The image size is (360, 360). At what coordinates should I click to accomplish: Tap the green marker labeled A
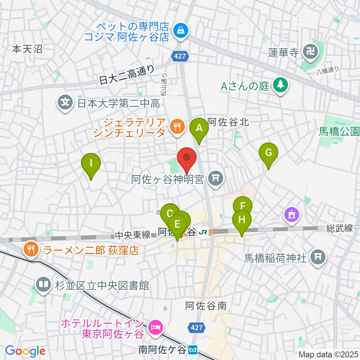tap(199, 128)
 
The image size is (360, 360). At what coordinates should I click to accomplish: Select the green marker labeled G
tap(268, 153)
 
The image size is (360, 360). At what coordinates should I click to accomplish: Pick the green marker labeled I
tap(91, 163)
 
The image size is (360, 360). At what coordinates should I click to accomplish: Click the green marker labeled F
tap(243, 206)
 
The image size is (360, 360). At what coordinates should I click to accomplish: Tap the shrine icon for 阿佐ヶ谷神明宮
tap(215, 179)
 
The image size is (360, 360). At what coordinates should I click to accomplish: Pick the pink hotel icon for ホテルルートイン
tap(154, 328)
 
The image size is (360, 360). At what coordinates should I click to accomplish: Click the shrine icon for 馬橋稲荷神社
tap(318, 257)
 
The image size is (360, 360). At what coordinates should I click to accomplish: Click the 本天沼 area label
tap(27, 48)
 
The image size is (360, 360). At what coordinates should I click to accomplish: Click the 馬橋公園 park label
tap(339, 131)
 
